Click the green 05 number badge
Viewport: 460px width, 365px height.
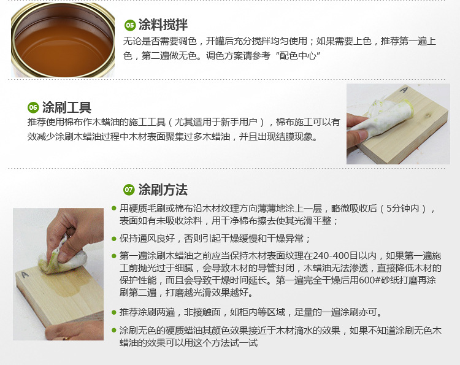(129, 25)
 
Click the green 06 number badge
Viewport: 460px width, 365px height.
(33, 108)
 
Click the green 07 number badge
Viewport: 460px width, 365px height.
(129, 190)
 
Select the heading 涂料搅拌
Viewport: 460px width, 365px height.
(163, 25)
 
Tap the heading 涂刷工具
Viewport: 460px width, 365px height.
(67, 107)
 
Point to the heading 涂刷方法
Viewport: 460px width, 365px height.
(163, 190)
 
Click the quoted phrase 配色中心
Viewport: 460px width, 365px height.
(298, 56)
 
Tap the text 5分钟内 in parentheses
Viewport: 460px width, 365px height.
(402, 209)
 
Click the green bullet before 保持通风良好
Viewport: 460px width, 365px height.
(114, 239)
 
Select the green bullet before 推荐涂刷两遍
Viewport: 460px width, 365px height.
(114, 312)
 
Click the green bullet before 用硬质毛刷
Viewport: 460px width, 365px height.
(114, 209)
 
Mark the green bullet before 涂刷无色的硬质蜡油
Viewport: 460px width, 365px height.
(114, 331)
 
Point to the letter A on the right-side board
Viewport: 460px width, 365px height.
(404, 90)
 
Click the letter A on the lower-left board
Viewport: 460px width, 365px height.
(25, 275)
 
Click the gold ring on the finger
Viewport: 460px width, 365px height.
(67, 338)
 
